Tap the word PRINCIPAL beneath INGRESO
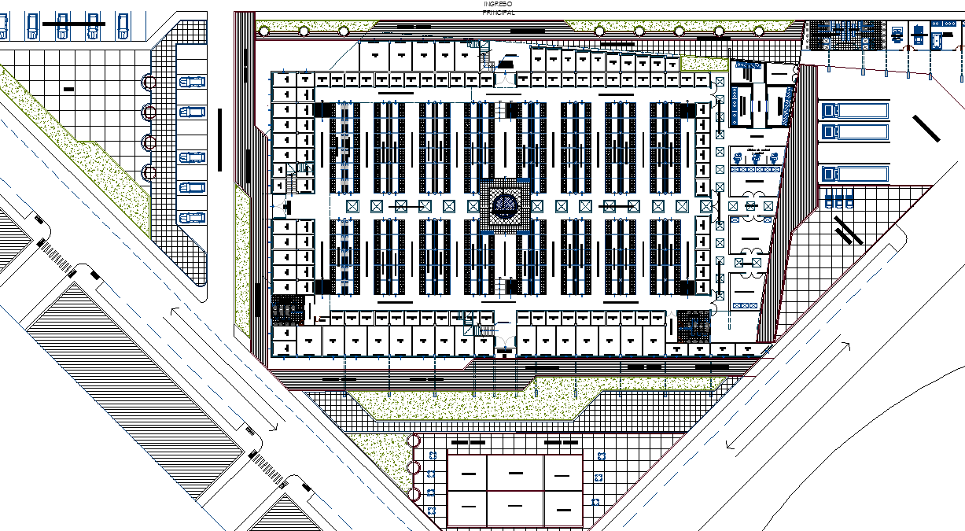(499, 13)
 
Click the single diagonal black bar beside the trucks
(926, 127)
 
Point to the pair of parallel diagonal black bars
(849, 230)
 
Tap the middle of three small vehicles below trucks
(839, 201)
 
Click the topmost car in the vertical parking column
(191, 82)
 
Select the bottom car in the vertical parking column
(191, 217)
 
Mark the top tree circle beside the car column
(149, 83)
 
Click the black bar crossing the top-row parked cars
(73, 24)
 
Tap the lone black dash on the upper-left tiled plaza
(68, 90)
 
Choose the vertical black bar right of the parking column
(220, 139)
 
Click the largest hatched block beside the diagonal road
(134, 378)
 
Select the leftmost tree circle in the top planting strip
(263, 31)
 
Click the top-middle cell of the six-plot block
(516, 473)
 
